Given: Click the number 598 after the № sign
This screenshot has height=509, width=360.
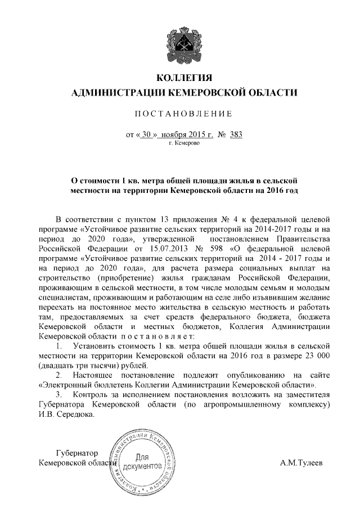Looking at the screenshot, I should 217,247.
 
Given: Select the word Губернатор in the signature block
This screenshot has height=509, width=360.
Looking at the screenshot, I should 77,453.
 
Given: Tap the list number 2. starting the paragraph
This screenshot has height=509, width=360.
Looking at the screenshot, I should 61,375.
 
